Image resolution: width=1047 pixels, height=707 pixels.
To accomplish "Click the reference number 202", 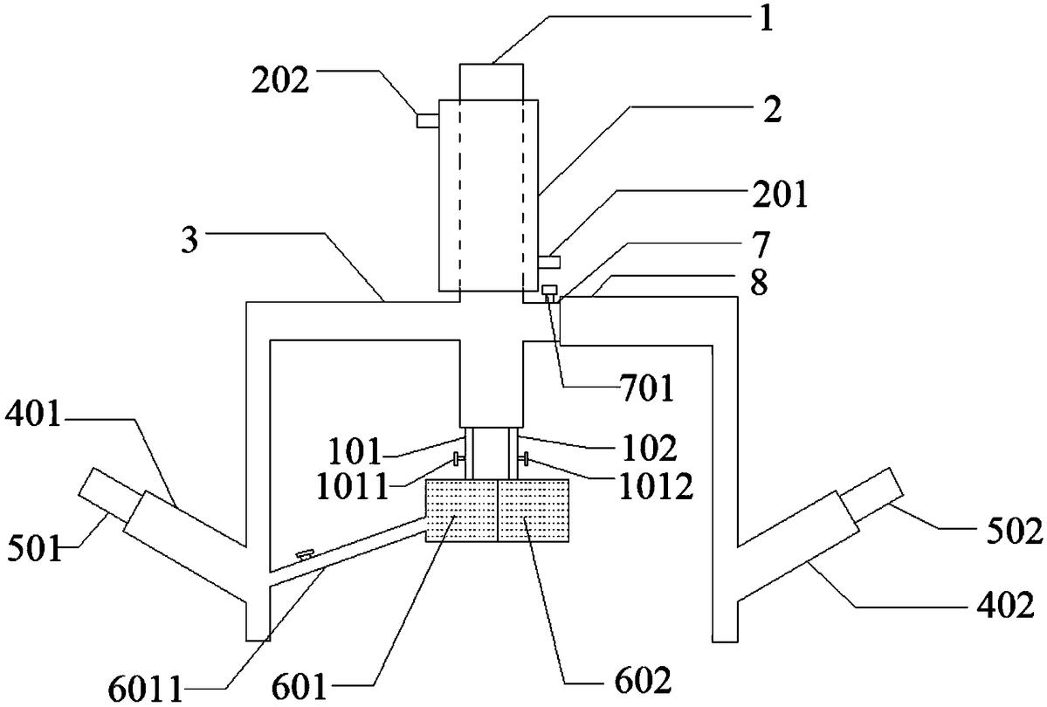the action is [280, 81].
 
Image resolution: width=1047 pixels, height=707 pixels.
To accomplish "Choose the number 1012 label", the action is [657, 487].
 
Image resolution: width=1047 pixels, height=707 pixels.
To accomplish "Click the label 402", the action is [1006, 607].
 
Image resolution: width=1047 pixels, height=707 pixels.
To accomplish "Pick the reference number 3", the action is [190, 240].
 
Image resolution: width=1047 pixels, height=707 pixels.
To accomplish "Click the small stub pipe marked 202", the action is [427, 120].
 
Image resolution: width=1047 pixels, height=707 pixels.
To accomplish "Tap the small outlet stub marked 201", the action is [549, 262].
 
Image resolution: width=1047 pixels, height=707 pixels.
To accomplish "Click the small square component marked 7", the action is [549, 290].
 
